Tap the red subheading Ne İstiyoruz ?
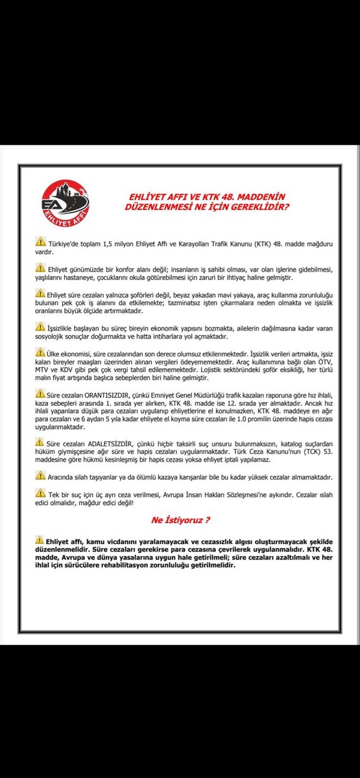click(x=180, y=519)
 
